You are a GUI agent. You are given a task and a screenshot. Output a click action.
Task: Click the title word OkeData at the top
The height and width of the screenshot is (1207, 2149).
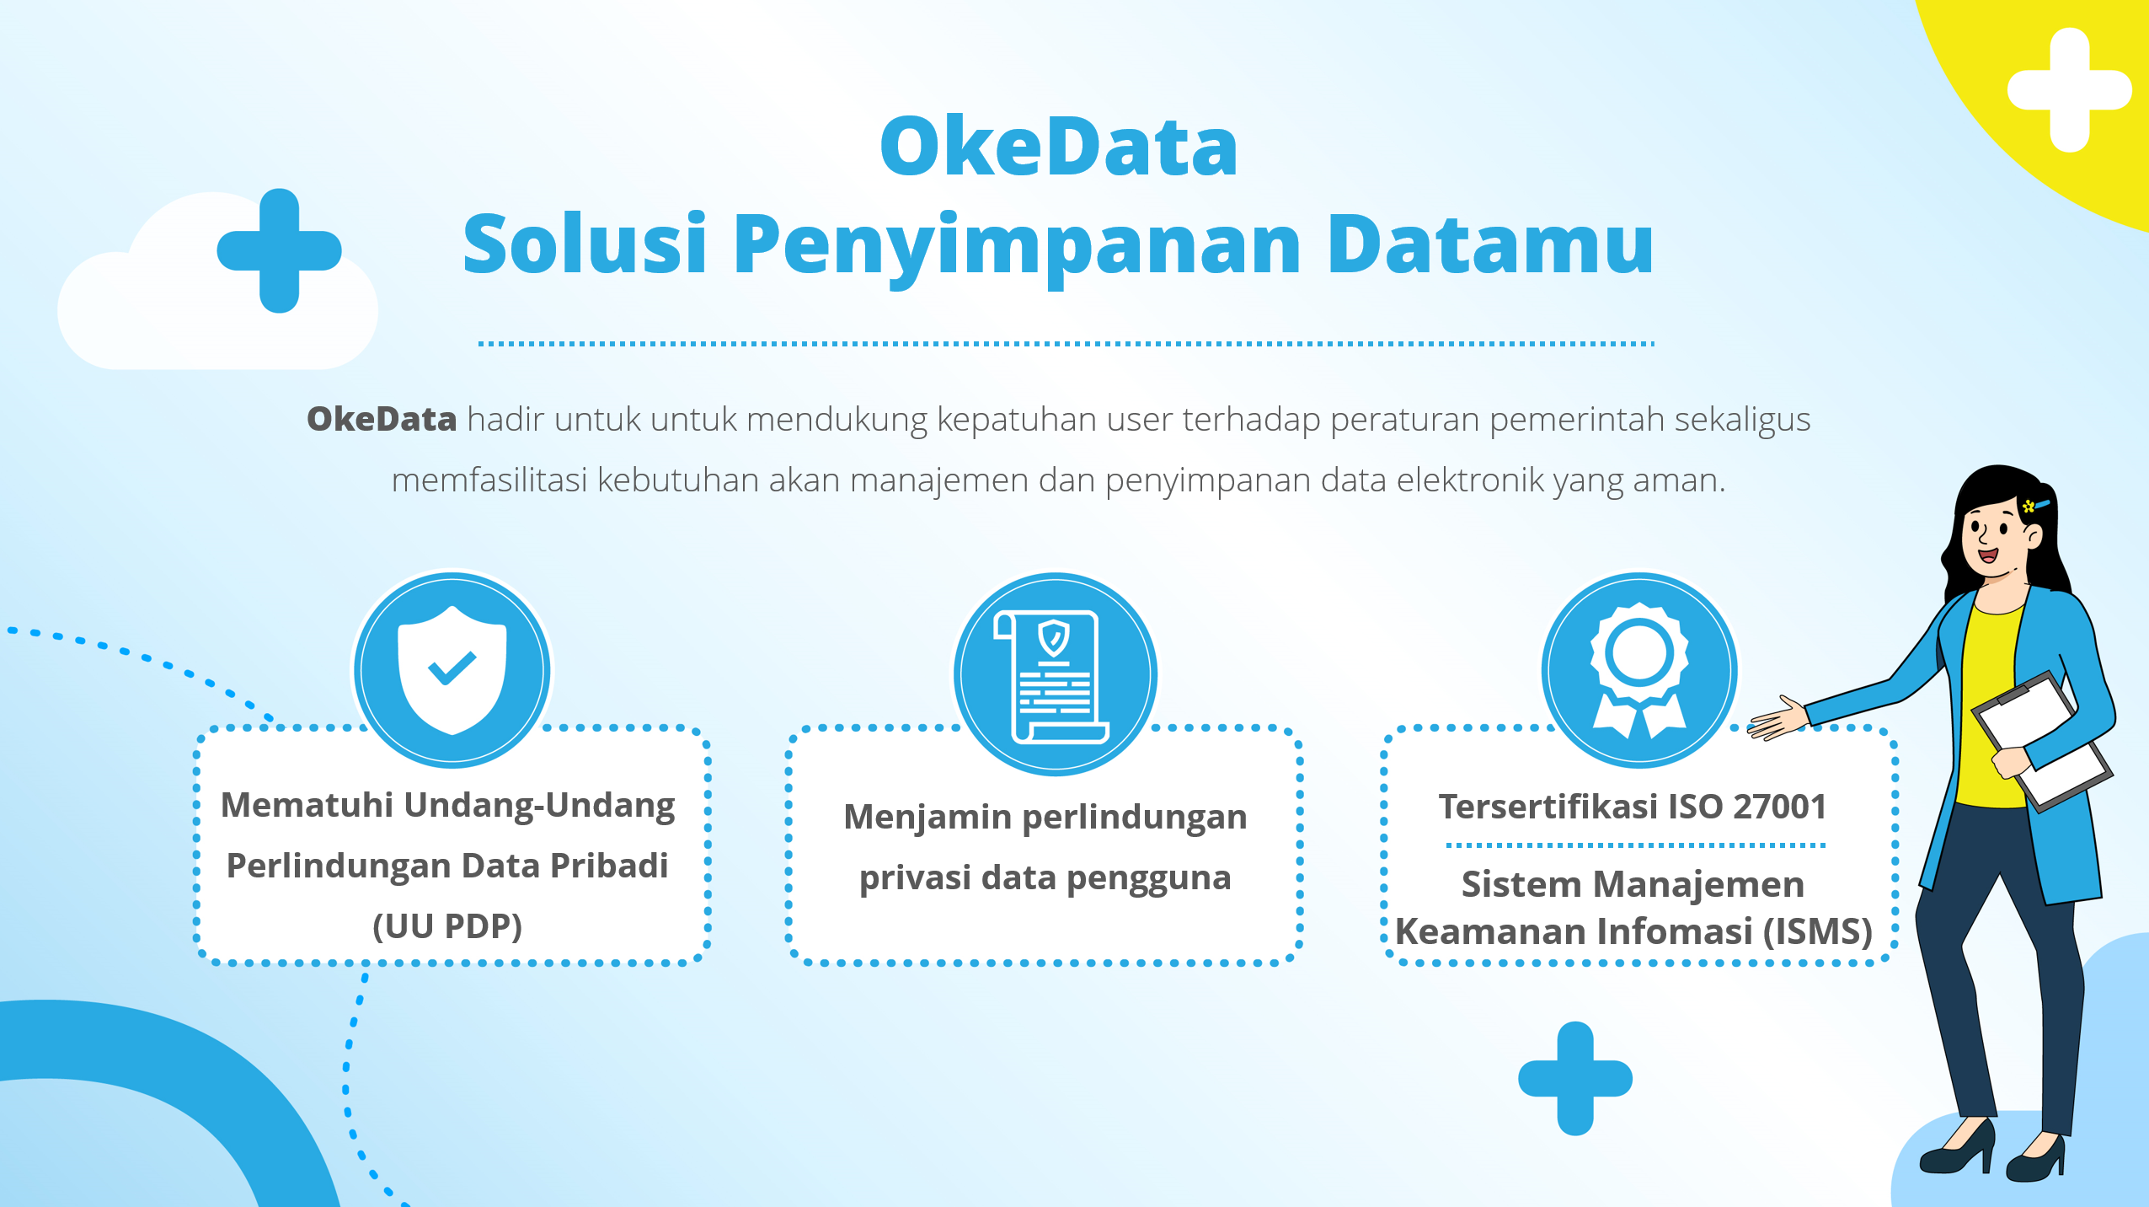(x=1058, y=148)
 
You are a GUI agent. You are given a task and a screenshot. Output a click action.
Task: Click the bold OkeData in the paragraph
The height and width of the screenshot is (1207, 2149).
(x=382, y=419)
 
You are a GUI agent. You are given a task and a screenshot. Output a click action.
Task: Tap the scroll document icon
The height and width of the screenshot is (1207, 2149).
(x=1054, y=674)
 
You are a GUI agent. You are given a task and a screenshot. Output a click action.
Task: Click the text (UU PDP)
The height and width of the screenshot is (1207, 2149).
(x=447, y=926)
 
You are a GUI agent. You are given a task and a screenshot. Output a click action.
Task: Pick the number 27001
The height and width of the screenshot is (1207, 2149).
(x=1779, y=807)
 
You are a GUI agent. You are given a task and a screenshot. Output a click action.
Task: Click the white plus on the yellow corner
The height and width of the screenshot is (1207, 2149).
(x=2069, y=90)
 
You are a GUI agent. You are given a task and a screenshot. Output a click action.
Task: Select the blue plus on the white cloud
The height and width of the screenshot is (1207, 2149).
(x=279, y=250)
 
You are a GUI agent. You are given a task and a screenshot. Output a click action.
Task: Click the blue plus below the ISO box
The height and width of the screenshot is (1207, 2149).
(x=1575, y=1078)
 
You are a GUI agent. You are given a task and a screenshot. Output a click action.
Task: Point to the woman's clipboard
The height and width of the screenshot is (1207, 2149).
(x=2043, y=742)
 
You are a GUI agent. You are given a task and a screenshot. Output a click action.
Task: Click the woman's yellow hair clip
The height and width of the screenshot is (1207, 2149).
(x=2029, y=506)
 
